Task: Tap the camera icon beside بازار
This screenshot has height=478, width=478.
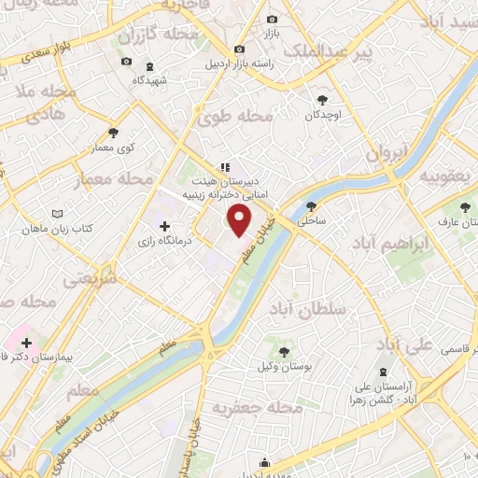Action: point(272,20)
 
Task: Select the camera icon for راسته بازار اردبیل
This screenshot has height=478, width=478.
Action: point(240,49)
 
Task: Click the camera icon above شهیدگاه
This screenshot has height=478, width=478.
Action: point(126,63)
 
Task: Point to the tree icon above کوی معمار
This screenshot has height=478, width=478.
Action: point(114,133)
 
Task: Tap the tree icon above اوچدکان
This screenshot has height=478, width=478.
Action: point(323,98)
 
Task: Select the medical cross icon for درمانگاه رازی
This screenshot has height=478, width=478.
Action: point(165,226)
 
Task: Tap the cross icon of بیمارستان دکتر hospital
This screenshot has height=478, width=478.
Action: point(26,343)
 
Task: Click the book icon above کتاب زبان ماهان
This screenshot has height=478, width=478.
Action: point(59,214)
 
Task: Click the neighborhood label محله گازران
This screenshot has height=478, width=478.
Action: point(160,36)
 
